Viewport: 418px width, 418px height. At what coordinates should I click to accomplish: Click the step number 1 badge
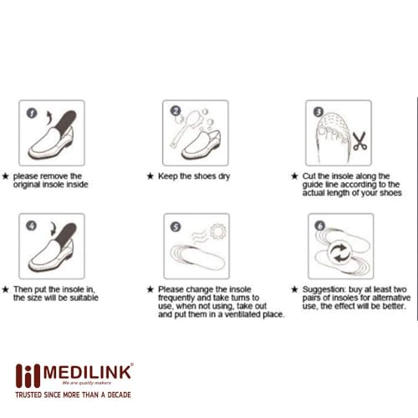click(32, 113)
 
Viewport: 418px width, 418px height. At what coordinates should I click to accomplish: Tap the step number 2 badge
click(176, 111)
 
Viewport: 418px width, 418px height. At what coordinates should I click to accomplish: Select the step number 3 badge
click(319, 112)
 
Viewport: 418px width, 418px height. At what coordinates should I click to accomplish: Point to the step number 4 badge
click(31, 226)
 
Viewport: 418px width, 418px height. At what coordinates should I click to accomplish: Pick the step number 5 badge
click(176, 227)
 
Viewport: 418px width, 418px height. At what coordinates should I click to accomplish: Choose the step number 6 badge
click(320, 226)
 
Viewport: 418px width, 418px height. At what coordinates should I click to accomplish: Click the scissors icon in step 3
click(359, 141)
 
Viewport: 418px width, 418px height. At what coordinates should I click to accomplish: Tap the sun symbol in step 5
click(218, 232)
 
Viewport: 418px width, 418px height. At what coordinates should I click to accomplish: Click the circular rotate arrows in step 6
click(340, 252)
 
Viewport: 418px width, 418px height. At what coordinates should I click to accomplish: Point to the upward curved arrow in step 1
click(50, 118)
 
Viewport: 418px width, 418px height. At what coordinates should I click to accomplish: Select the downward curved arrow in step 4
click(53, 229)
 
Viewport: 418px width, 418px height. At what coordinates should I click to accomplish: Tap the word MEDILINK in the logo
click(87, 372)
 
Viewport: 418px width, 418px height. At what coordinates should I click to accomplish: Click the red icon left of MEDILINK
click(28, 376)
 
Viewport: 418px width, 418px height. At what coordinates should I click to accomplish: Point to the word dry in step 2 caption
click(224, 176)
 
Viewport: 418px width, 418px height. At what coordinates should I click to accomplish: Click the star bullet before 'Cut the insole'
click(294, 176)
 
